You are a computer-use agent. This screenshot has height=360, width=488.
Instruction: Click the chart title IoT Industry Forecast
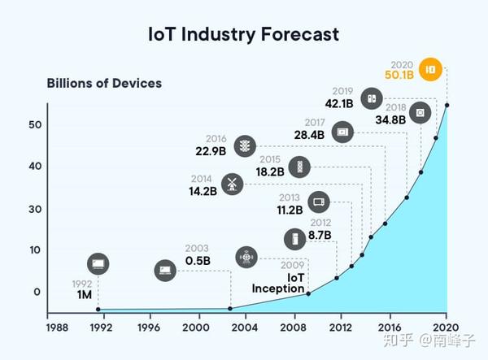coord(243,34)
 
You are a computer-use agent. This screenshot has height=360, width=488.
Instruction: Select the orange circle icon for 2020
coord(430,69)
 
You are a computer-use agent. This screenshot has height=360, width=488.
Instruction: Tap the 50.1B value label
coord(399,75)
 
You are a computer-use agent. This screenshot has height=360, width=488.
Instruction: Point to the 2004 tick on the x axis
coord(245,327)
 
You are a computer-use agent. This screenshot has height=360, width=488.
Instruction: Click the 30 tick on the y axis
coord(35,209)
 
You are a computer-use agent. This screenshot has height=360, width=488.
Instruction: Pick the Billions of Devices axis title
coord(104,84)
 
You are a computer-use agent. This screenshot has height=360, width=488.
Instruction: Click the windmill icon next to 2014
coord(232,184)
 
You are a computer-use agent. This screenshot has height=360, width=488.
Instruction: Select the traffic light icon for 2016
coord(245,146)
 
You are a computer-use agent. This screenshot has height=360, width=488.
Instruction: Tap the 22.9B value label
coord(211,151)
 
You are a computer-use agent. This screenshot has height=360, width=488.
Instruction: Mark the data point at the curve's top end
coord(447,105)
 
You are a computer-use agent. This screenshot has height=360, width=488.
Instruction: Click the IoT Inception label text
coord(278,283)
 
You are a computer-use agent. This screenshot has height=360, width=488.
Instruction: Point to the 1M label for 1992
coord(85,295)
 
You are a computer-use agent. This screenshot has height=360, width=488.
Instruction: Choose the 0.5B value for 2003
coord(198,261)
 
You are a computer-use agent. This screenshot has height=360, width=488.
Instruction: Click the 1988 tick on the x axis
coord(57,327)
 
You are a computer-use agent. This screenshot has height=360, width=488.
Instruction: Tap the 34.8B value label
coord(390,120)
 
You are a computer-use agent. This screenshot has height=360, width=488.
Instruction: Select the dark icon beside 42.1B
coord(372,98)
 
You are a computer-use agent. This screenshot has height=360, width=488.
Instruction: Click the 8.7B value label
coord(320,236)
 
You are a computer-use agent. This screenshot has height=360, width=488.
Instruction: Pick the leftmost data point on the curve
coord(98,310)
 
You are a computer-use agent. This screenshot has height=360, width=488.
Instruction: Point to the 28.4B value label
coord(309,135)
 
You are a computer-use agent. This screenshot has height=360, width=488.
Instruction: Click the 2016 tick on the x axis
coord(390,327)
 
